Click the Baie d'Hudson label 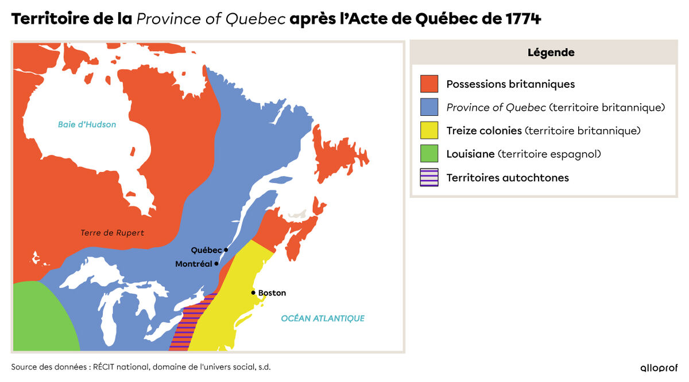87,124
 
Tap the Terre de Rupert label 113,233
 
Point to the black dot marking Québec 226,250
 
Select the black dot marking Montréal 216,264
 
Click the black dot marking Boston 253,293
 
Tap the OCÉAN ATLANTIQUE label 323,318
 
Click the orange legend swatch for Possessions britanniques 429,84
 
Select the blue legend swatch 429,108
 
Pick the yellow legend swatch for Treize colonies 429,131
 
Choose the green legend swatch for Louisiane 429,154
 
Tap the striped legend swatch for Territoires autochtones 429,178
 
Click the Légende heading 551,53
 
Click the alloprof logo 659,368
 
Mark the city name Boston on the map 272,293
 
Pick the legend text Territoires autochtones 508,178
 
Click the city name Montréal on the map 193,264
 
